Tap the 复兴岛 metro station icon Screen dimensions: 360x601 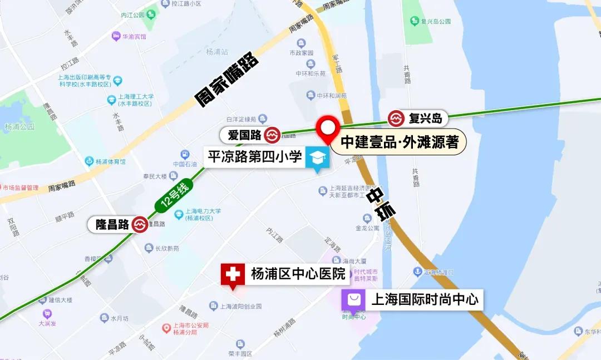[x=396, y=119]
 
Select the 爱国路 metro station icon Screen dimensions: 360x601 [x=272, y=135]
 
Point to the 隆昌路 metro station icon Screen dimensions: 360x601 [x=140, y=224]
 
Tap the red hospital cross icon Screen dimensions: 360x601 [x=233, y=274]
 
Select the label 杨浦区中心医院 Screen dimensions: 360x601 [x=298, y=274]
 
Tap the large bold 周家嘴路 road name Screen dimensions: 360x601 [x=227, y=80]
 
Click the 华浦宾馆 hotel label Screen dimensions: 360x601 [x=134, y=37]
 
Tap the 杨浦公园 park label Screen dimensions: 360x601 [x=19, y=127]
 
